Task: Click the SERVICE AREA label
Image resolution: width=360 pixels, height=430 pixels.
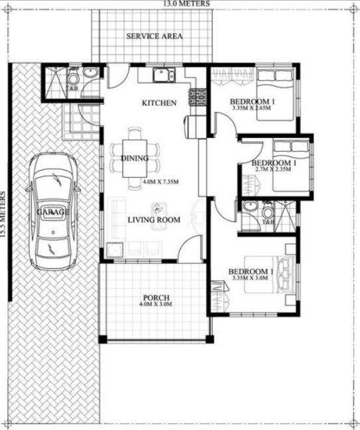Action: coord(154,36)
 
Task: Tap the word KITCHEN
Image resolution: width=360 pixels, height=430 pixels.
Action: coord(159,103)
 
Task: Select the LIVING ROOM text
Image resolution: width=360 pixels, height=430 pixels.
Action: coord(154,220)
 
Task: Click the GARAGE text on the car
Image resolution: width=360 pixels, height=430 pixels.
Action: coord(53,212)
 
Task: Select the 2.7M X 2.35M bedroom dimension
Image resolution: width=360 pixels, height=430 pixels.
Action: coord(274,170)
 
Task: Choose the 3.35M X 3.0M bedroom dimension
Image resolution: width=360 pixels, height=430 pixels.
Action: coord(251,279)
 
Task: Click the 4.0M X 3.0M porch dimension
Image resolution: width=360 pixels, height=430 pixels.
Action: coord(155,305)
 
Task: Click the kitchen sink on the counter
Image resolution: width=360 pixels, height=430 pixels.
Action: coord(163,75)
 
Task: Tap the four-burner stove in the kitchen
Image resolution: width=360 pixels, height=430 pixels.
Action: coord(198,98)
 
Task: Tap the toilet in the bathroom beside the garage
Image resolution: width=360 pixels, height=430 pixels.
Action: coord(73,79)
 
